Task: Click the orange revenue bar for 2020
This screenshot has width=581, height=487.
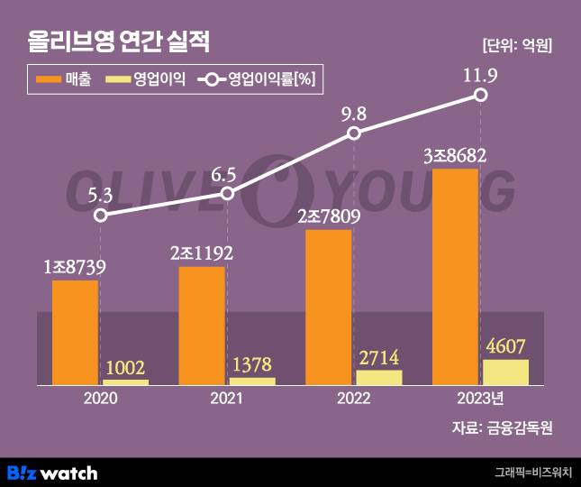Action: (75, 333)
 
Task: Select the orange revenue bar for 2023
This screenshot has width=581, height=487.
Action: (456, 276)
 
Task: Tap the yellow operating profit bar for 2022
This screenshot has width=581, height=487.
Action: (378, 378)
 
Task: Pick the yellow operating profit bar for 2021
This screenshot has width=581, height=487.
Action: (252, 381)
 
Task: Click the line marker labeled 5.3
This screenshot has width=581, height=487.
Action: (102, 216)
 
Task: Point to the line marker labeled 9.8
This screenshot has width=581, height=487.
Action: (354, 133)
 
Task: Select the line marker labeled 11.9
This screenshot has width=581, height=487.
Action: (481, 94)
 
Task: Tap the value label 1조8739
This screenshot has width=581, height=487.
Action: (76, 267)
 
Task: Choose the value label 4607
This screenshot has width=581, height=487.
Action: (505, 346)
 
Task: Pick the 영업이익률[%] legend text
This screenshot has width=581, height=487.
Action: (271, 79)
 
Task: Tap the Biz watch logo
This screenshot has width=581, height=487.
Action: (51, 472)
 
